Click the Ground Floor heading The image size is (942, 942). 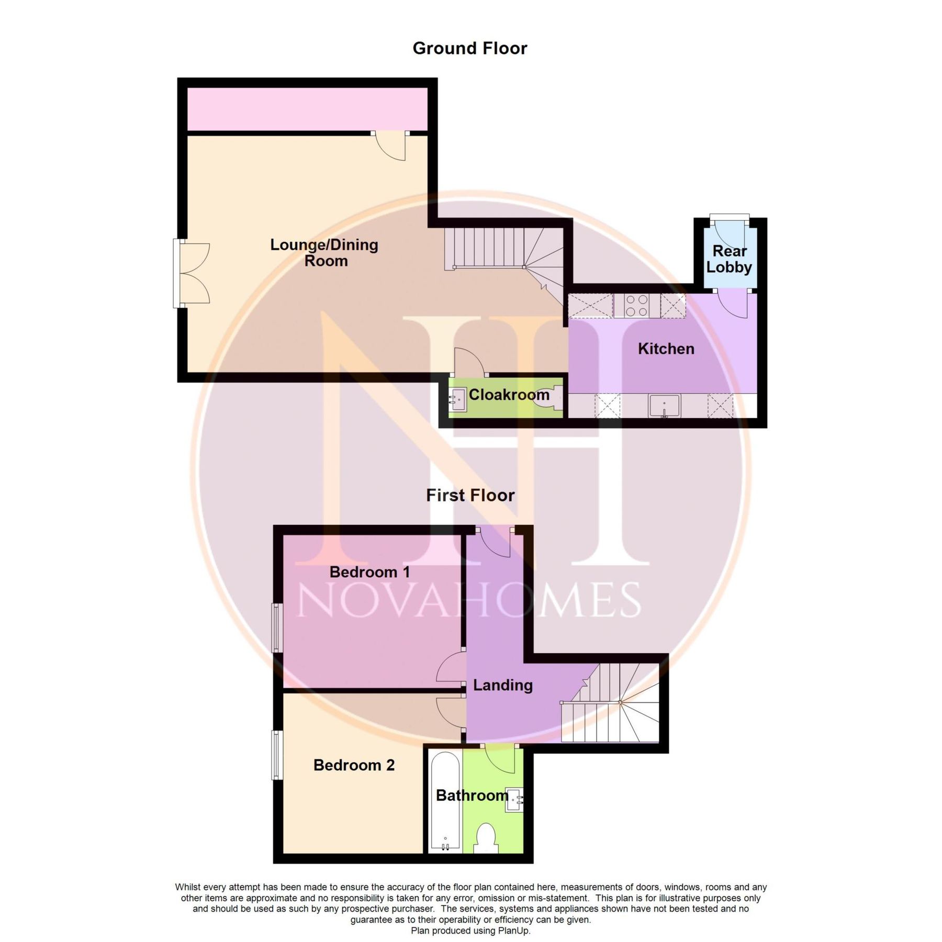469,48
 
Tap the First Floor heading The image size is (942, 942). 470,495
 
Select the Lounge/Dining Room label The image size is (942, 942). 324,252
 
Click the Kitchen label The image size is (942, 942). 666,349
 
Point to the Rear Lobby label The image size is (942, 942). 729,259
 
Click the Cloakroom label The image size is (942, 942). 509,395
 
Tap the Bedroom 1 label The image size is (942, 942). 369,572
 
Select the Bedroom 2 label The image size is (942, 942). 354,765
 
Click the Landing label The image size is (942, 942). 502,685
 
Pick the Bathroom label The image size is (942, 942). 472,795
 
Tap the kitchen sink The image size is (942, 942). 664,406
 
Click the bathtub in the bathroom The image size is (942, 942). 445,801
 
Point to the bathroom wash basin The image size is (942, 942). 514,800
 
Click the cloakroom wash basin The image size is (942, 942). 458,400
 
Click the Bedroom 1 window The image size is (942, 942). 277,628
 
